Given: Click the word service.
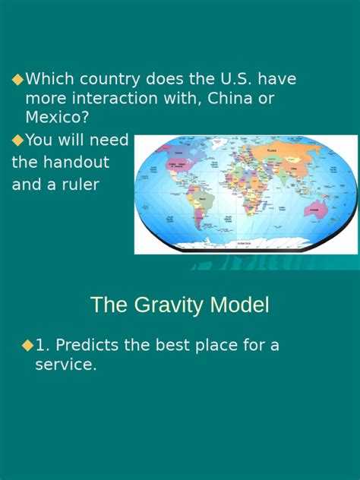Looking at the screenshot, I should pyautogui.click(x=66, y=365).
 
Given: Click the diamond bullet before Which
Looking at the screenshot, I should pyautogui.click(x=17, y=79).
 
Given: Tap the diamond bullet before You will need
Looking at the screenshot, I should pyautogui.click(x=17, y=140).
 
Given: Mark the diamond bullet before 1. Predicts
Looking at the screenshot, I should pyautogui.click(x=28, y=345).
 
